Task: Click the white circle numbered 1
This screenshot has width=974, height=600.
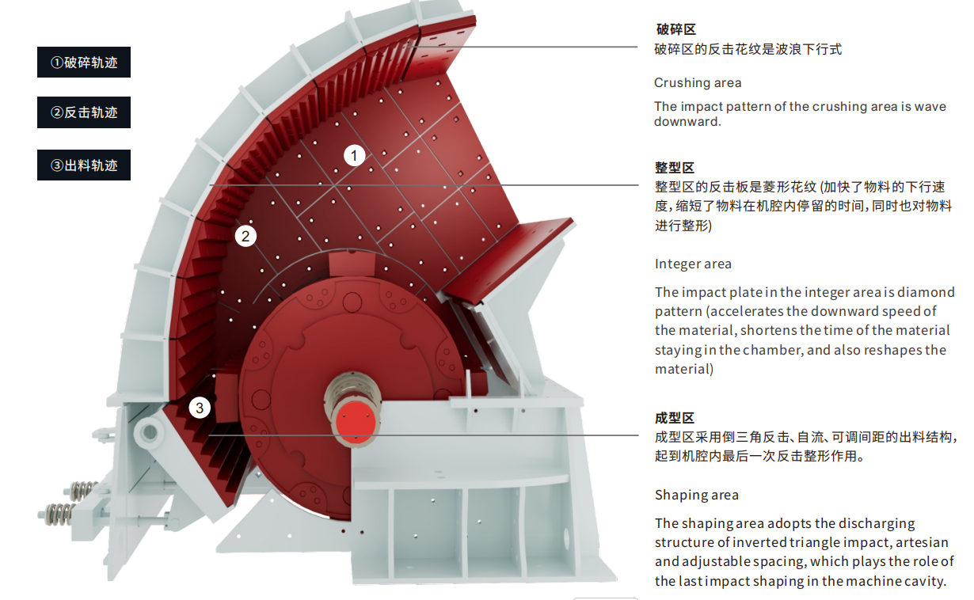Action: coord(355,155)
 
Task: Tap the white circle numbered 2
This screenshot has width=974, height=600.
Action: coord(245,235)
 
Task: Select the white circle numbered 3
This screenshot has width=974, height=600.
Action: coord(200,408)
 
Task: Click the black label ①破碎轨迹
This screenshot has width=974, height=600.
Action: coord(84,63)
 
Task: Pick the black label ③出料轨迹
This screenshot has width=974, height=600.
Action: coord(84,165)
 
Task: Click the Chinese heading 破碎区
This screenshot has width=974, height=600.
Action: coord(675,29)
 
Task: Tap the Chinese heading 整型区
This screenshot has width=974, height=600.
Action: coord(675,168)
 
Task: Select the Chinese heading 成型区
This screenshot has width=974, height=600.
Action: coord(675,418)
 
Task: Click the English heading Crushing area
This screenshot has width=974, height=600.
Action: coord(698,82)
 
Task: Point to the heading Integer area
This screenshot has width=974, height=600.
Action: coord(693,264)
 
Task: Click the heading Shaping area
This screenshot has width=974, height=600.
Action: coord(696,495)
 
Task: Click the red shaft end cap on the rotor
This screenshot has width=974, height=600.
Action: coord(353,422)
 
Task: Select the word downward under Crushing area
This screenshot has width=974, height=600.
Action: coord(687,122)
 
